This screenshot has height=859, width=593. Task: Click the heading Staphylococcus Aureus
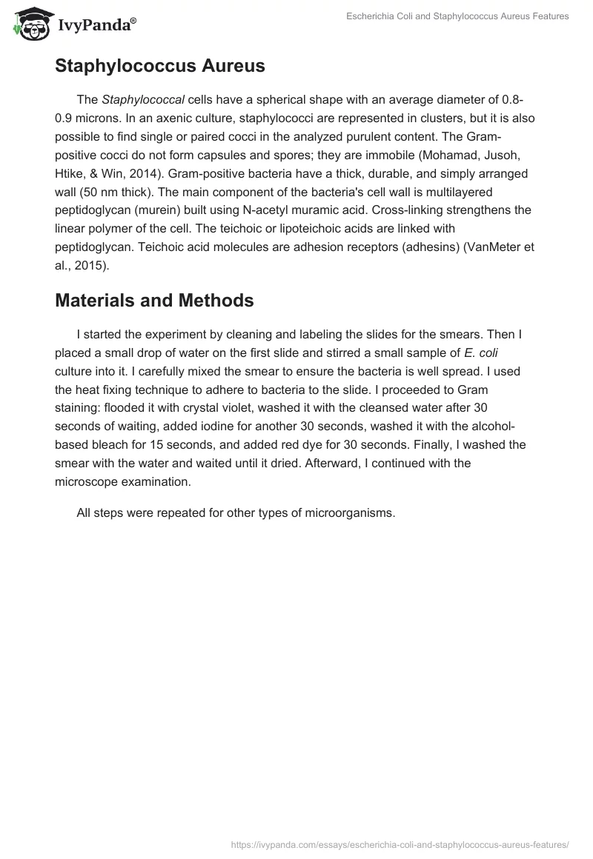(159, 66)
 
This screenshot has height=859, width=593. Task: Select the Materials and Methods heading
(154, 300)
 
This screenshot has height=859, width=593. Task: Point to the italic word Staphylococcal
(142, 100)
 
